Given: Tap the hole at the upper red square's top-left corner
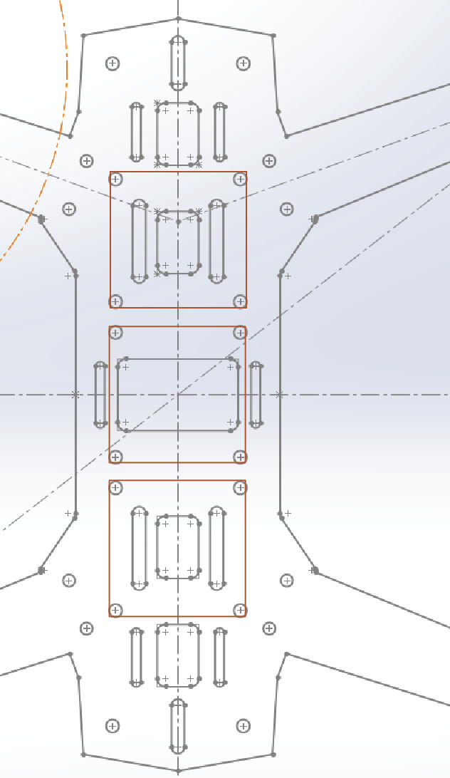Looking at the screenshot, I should tap(116, 178).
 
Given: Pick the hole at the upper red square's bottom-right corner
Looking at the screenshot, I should tap(240, 301).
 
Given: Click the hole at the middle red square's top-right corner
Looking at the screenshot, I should tap(240, 333).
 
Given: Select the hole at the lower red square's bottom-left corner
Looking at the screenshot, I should tap(116, 610).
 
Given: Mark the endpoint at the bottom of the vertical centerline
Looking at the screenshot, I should tap(178, 771).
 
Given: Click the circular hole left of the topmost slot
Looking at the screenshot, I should tap(112, 63).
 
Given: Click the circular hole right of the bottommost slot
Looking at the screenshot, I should tap(244, 726).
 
